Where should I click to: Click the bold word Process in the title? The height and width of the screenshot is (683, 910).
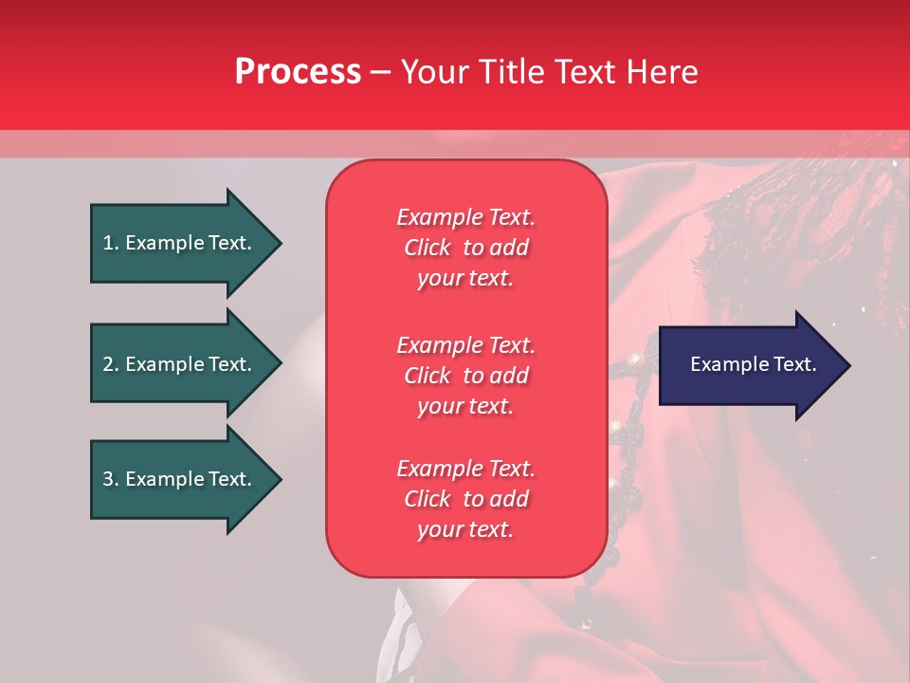(x=298, y=72)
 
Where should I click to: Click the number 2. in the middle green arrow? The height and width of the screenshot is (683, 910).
(x=111, y=364)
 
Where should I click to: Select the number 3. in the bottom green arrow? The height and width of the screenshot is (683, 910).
(x=111, y=479)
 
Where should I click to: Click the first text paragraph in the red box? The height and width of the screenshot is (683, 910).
(x=466, y=248)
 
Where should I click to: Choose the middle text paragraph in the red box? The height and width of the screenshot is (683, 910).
(x=466, y=376)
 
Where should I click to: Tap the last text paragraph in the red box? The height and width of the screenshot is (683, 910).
(x=466, y=499)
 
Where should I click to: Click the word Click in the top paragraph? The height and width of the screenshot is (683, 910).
(x=428, y=248)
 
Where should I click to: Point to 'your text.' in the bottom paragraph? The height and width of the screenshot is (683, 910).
(x=465, y=529)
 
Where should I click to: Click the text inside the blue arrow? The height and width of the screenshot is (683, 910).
(x=753, y=364)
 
